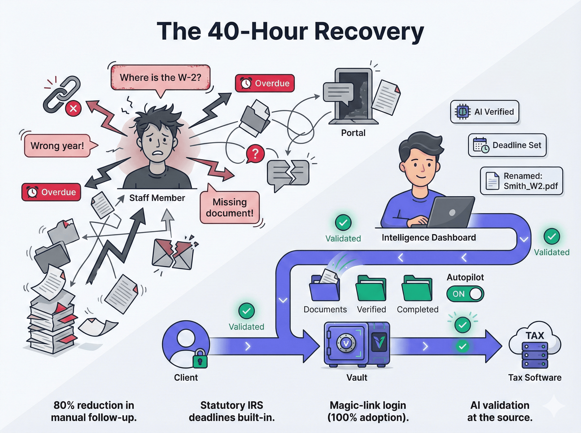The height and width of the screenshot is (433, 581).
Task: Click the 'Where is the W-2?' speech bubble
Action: click(x=161, y=78)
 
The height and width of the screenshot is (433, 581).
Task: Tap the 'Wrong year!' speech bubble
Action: click(x=57, y=146)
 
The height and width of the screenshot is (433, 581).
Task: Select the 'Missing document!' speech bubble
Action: click(x=229, y=208)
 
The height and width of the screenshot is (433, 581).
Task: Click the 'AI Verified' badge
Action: click(x=485, y=112)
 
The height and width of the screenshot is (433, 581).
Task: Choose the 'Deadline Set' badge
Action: click(x=507, y=145)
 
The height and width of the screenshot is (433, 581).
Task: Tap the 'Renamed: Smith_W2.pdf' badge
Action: click(x=521, y=181)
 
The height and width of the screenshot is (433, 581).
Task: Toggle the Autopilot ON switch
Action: click(x=465, y=294)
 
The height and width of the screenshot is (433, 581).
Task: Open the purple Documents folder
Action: click(x=324, y=289)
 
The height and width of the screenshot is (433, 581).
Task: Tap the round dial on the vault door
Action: click(x=346, y=343)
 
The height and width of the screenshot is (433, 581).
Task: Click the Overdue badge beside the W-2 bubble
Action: click(x=265, y=83)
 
